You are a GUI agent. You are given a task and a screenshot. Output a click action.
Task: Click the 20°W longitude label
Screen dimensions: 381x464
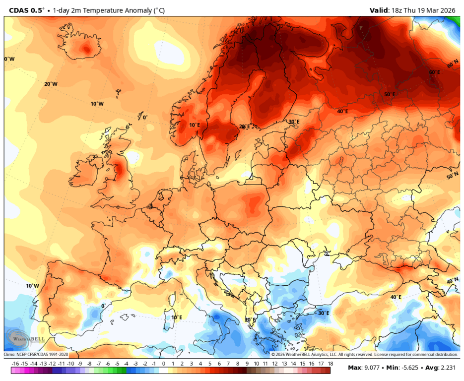click(x=51, y=84)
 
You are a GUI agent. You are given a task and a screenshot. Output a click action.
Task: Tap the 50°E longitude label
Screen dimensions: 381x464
click(x=390, y=94)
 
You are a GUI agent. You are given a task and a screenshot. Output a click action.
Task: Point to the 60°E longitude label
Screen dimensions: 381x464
click(x=435, y=72)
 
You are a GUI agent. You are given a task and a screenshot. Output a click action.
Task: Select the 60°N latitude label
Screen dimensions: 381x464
click(x=452, y=64)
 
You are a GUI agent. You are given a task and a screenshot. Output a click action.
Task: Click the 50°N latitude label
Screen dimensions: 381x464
click(x=452, y=176)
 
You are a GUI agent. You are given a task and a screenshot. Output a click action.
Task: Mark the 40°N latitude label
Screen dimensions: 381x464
click(x=452, y=281)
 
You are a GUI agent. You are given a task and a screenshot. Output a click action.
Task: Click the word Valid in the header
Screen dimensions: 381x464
click(x=379, y=10)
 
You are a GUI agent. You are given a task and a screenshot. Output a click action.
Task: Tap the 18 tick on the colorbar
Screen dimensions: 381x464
click(x=330, y=364)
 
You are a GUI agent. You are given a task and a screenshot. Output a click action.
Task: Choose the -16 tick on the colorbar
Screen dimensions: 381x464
click(x=15, y=364)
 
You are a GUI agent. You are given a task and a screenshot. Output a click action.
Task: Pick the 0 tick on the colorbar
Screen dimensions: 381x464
click(x=163, y=364)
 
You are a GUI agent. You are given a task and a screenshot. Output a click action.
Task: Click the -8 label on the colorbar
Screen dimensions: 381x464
click(x=89, y=364)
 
